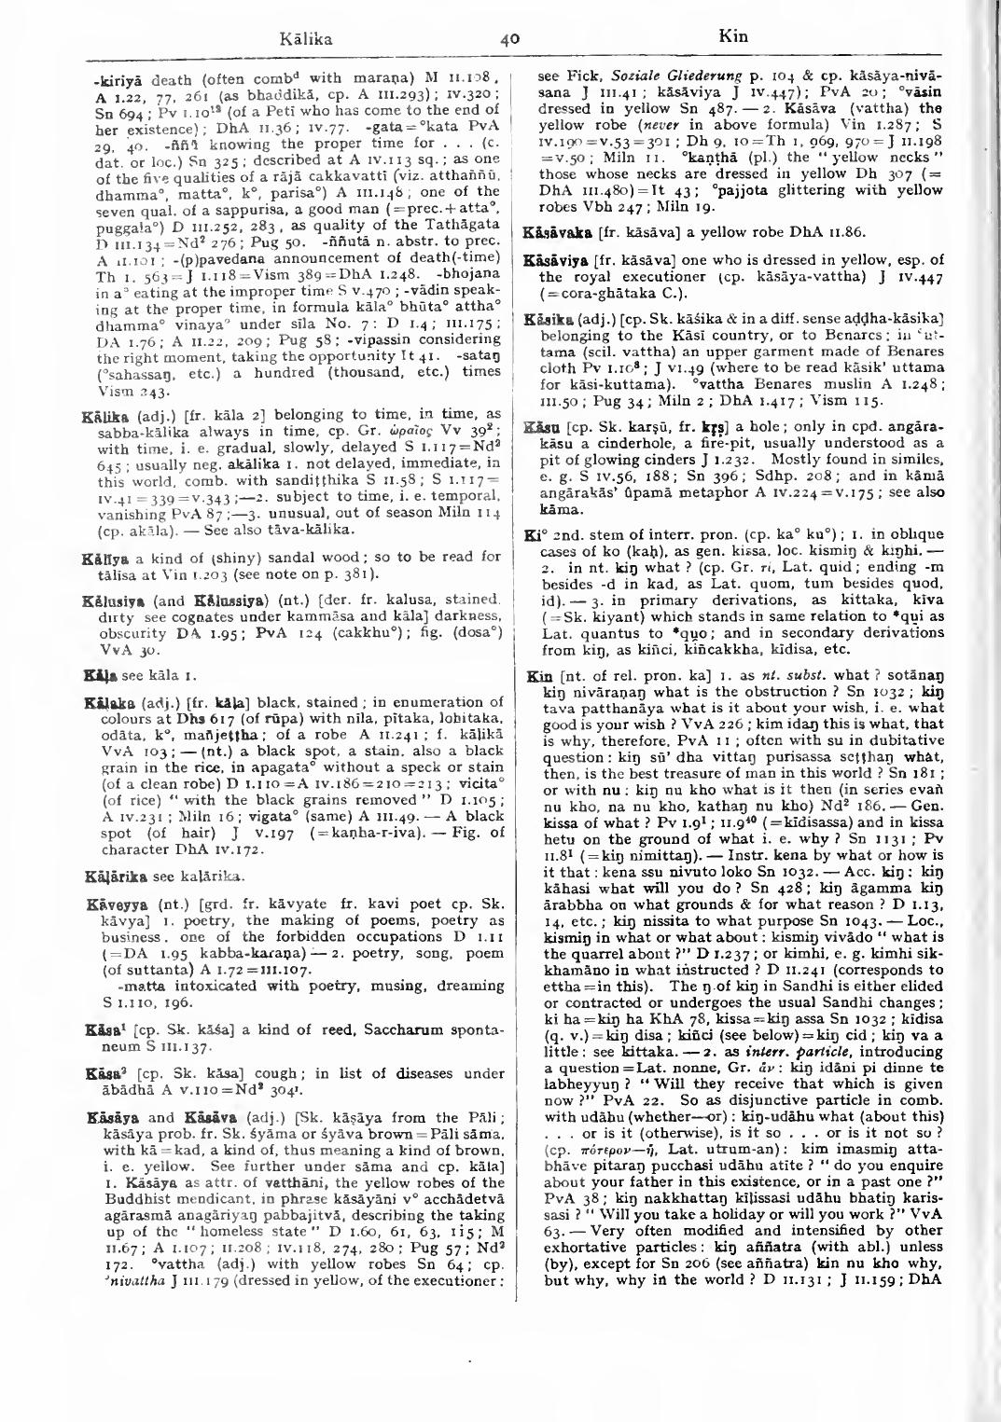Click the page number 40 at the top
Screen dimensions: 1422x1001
tap(508, 40)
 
